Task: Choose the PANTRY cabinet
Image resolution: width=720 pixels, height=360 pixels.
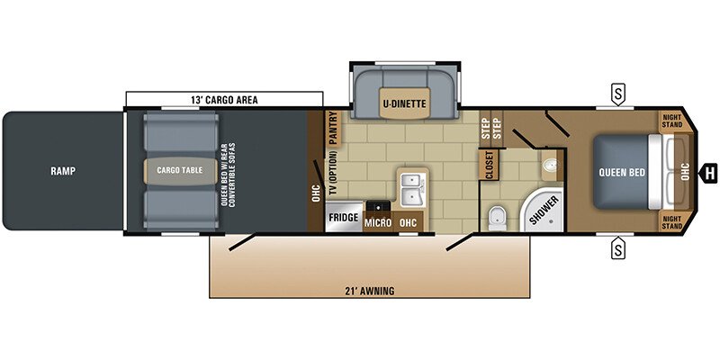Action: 332,129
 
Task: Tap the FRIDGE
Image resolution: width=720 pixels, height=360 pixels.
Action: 343,219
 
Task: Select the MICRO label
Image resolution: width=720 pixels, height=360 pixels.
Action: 377,221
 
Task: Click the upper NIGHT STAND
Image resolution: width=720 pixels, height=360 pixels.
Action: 673,121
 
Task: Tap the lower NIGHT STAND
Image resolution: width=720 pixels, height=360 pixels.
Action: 673,222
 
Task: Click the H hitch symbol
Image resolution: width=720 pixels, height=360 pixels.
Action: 710,172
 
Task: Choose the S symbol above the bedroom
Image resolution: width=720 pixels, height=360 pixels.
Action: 617,92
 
